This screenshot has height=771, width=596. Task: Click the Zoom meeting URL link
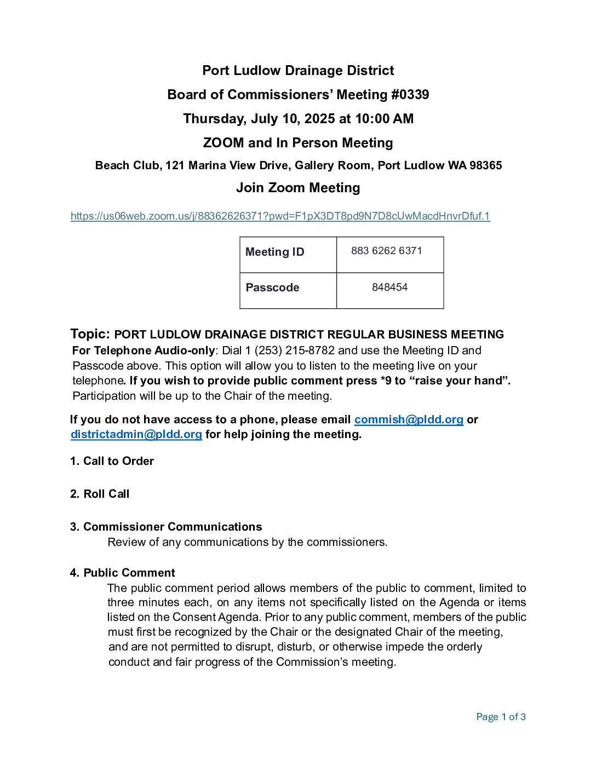click(x=280, y=216)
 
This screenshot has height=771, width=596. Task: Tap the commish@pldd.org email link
click(x=409, y=419)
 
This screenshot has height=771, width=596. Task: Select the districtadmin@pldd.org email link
click(x=136, y=434)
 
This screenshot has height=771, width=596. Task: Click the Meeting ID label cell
click(x=275, y=252)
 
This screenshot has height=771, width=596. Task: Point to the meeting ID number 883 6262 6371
click(x=387, y=251)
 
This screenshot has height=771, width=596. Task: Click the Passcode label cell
click(x=273, y=287)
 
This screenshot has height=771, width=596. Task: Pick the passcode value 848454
click(x=389, y=287)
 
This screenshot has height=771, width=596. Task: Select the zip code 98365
click(x=485, y=165)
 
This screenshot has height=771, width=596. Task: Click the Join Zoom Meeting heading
click(x=298, y=188)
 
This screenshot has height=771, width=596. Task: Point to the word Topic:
click(x=90, y=334)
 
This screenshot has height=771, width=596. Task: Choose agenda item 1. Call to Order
click(x=112, y=461)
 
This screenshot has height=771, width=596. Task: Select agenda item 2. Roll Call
click(x=100, y=494)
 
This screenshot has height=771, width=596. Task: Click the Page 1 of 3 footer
click(x=501, y=717)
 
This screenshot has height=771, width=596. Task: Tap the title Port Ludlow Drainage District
click(x=298, y=71)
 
